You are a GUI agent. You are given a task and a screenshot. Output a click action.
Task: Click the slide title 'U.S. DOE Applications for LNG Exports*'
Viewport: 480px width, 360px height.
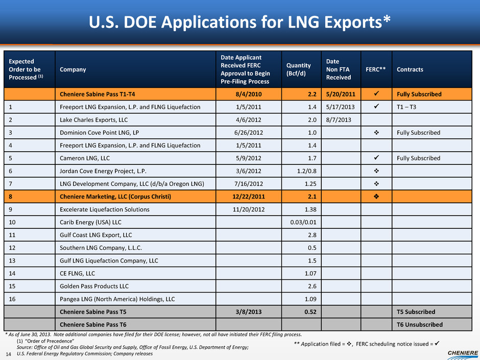coord(239,22)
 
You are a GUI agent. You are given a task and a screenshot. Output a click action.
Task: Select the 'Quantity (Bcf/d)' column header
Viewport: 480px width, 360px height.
coord(299,69)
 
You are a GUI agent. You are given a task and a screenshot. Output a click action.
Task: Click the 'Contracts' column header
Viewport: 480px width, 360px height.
coord(410,69)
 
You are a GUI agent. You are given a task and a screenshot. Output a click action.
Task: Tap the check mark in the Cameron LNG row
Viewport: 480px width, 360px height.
coord(376,158)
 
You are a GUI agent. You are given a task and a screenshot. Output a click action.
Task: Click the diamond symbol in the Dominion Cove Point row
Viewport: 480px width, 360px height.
coord(376,133)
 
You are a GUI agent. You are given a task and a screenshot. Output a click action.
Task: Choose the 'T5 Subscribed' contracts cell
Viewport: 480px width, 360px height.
coord(416,311)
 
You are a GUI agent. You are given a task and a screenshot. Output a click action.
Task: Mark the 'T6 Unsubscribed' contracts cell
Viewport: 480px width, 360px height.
coord(420,324)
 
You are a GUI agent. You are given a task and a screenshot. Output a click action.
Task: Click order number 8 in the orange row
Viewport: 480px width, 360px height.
coord(11,197)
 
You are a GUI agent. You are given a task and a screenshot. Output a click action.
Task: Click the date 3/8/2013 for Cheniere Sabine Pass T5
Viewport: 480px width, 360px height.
coord(248,311)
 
